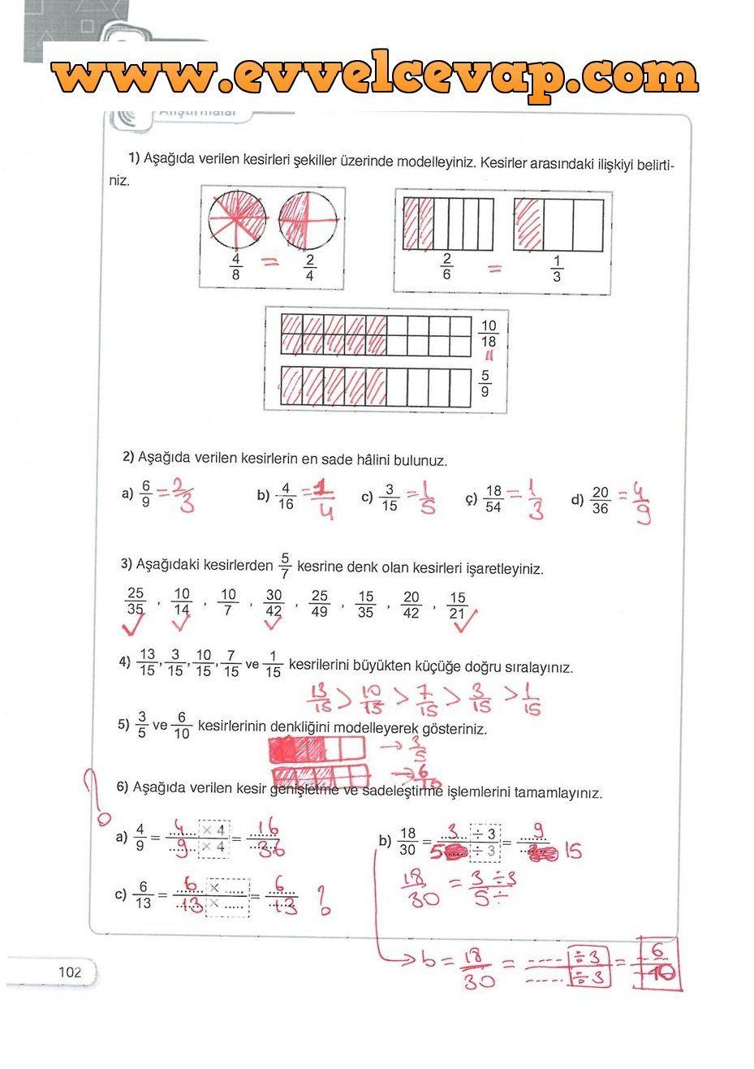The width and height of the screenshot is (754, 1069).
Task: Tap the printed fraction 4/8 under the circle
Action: point(237,267)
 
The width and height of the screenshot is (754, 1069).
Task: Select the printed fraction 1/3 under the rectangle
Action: point(556,268)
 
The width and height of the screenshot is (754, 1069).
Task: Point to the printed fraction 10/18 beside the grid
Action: point(489,334)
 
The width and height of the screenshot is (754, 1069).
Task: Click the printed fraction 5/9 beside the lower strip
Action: point(485,383)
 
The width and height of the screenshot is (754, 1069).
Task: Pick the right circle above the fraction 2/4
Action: point(308,218)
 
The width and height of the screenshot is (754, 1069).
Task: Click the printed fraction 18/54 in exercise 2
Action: point(493,499)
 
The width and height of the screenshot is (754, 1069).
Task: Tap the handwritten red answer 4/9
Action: point(642,503)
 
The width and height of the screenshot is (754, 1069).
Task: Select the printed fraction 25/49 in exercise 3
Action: point(320,604)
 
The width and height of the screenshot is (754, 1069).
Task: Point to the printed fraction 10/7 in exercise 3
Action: point(228,603)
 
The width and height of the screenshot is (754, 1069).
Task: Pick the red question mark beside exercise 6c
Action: point(323,900)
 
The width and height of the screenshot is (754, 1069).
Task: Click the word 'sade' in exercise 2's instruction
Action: point(338,459)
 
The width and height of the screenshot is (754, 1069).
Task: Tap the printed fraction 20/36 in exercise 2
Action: point(601,500)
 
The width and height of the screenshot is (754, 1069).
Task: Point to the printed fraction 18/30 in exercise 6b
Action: point(407,841)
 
